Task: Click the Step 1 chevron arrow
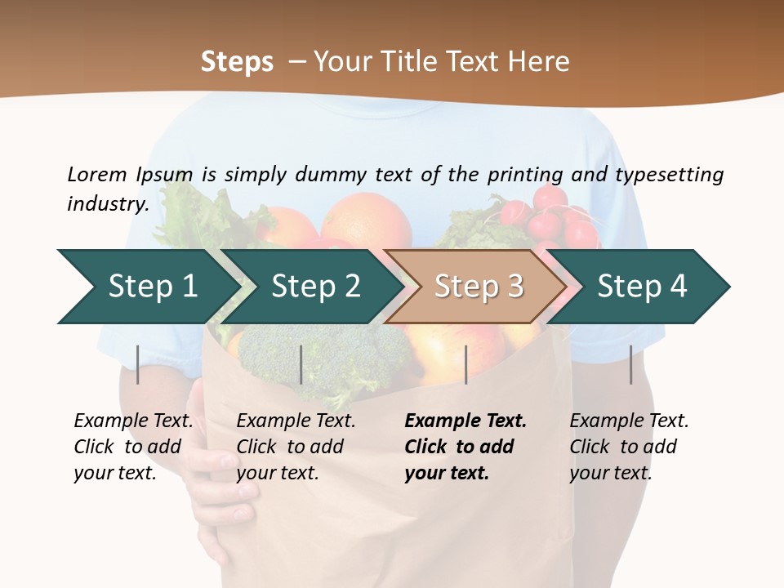(147, 286)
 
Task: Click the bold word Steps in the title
(237, 61)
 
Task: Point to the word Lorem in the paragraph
(97, 174)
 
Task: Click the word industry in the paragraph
(107, 203)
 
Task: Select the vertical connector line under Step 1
(138, 364)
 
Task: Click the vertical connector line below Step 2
(301, 364)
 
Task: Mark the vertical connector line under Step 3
(465, 364)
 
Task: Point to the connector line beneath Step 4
(631, 364)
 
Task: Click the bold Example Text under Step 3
(465, 421)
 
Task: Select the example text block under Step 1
(133, 447)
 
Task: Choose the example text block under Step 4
(629, 447)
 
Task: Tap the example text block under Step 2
(296, 447)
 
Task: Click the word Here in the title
(539, 61)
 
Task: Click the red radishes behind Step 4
(555, 216)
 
